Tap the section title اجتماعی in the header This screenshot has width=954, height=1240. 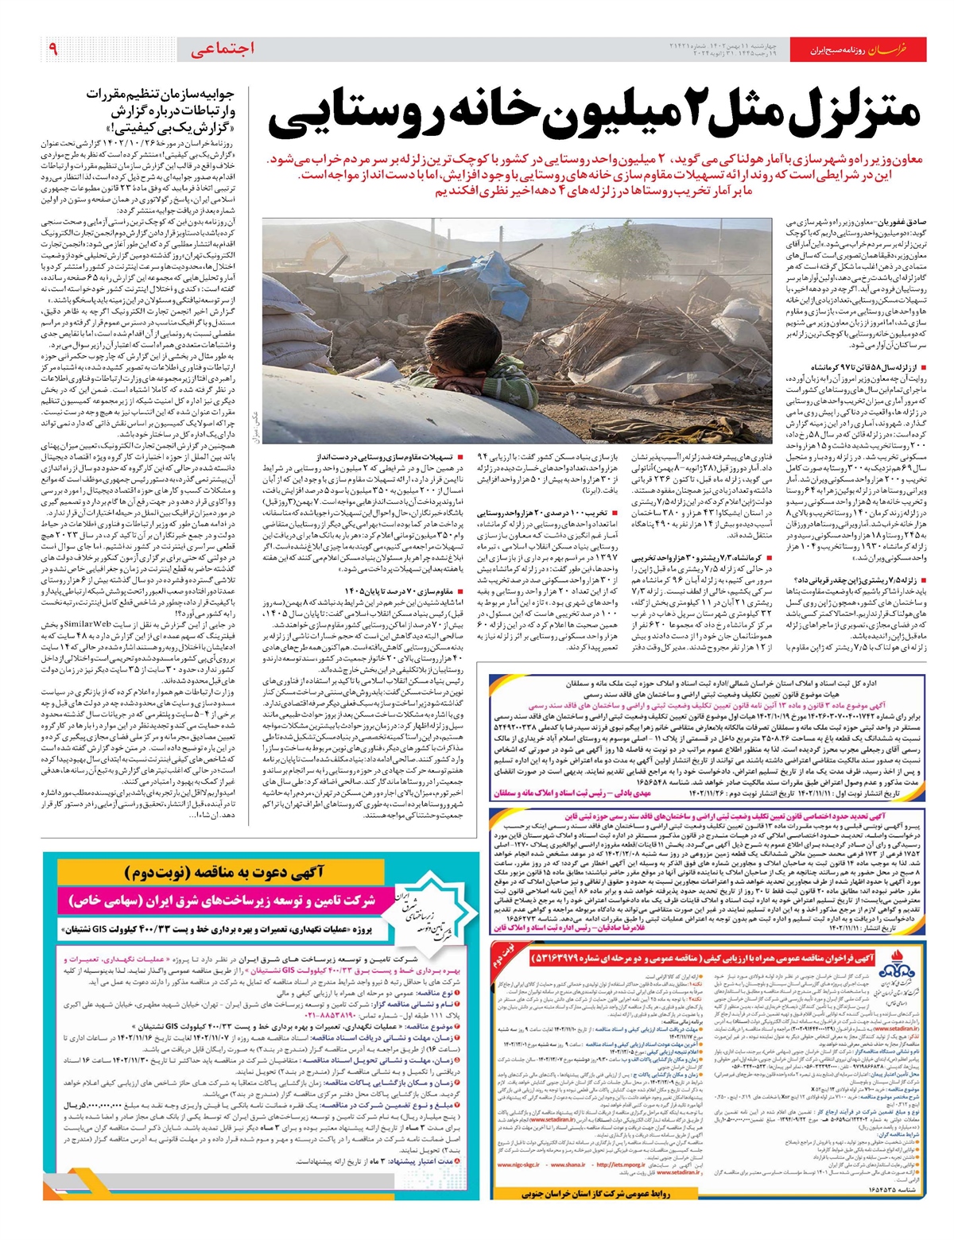(x=223, y=49)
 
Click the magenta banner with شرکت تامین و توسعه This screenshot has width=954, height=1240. (x=221, y=901)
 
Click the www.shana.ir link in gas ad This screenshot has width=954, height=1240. (x=565, y=1165)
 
